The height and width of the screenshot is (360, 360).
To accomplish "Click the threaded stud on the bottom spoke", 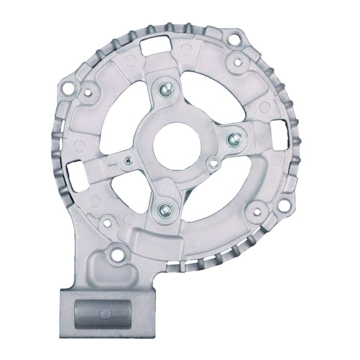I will pyautogui.click(x=165, y=208).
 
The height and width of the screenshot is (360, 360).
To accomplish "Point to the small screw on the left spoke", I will pyautogui.click(x=127, y=160).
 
